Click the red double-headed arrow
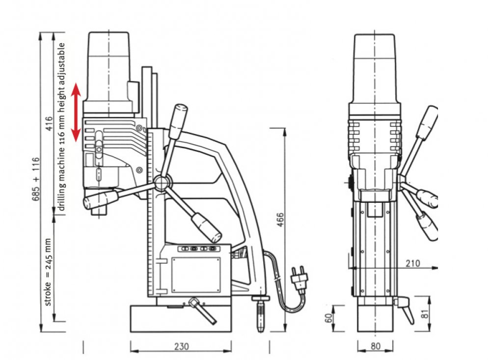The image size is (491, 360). [x=76, y=112]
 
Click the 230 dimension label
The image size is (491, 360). [x=181, y=347]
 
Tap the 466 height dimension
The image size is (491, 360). [x=280, y=220]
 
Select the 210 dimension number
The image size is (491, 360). [x=413, y=264]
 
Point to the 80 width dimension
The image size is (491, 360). [x=376, y=346]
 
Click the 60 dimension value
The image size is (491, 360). [x=328, y=318]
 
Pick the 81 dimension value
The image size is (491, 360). [x=425, y=314]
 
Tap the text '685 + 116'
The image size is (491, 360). [x=36, y=179]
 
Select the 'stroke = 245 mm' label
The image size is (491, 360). [x=48, y=272]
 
